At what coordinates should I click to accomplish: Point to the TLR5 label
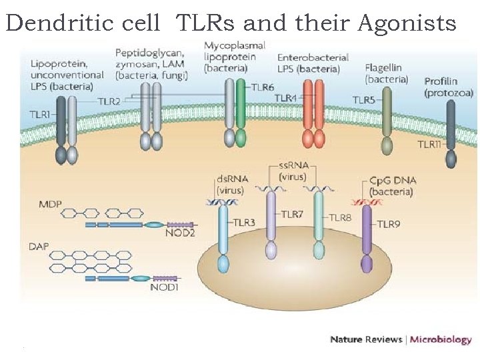[x=364, y=100]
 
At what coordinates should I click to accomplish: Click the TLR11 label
[x=430, y=144]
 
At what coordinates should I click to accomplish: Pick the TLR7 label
[x=291, y=214]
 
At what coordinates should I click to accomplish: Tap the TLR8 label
[x=340, y=217]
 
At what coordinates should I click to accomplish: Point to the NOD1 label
[x=164, y=288]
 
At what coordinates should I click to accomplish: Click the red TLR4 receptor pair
[x=313, y=113]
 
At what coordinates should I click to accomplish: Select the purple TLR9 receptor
[x=367, y=237]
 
